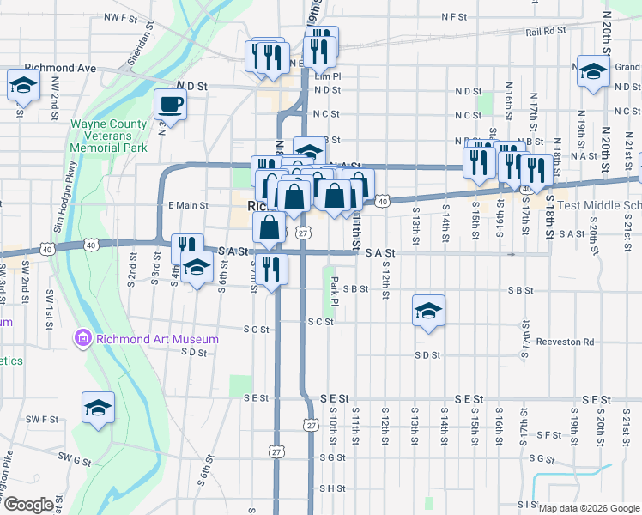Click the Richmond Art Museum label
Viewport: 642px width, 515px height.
[x=156, y=339]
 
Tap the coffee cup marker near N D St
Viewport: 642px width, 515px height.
[x=170, y=106]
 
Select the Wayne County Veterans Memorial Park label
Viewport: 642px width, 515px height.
[x=109, y=136]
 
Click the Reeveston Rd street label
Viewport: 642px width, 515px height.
[x=565, y=342]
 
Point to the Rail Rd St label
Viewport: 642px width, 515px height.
[x=547, y=31]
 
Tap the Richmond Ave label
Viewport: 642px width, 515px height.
[x=60, y=67]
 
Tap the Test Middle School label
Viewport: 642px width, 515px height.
[x=599, y=206]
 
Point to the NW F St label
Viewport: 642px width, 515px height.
[x=120, y=17]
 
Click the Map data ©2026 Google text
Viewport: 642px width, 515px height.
[x=589, y=508]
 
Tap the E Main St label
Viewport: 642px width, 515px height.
[x=188, y=205]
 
